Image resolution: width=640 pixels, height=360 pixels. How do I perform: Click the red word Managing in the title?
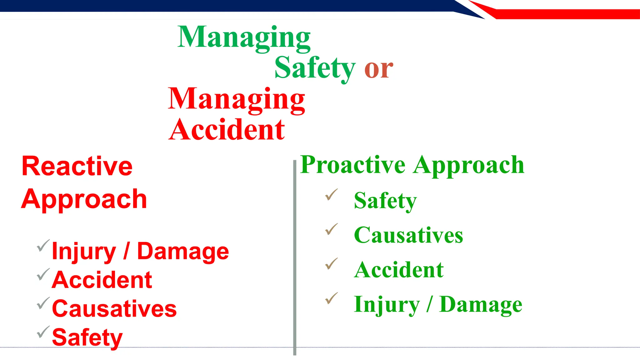[x=236, y=99]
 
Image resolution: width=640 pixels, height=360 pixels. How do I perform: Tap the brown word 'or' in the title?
[x=378, y=69]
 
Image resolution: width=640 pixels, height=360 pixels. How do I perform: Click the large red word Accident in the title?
[x=227, y=130]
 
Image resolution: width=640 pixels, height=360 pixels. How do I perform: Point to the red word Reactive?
[x=77, y=166]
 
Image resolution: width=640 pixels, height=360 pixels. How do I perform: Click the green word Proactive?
[x=353, y=165]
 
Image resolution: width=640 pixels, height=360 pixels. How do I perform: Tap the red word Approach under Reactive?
[x=84, y=199]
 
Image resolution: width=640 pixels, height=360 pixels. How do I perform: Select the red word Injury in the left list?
[x=84, y=252]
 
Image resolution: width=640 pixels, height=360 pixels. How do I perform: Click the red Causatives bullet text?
[x=114, y=309]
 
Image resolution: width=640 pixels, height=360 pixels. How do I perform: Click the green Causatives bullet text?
[x=408, y=235]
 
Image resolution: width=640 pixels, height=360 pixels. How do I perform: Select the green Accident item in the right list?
[x=399, y=270]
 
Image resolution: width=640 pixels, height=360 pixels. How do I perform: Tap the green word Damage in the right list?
[x=481, y=304]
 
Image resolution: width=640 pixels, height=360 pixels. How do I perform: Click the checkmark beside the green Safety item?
[x=331, y=195]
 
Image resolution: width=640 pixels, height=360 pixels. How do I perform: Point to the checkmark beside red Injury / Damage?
[x=43, y=246]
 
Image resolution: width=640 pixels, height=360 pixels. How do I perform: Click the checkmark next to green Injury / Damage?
[x=331, y=298]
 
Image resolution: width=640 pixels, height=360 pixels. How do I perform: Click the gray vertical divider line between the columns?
[x=294, y=256]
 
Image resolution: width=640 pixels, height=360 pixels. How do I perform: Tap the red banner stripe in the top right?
[x=562, y=14]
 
